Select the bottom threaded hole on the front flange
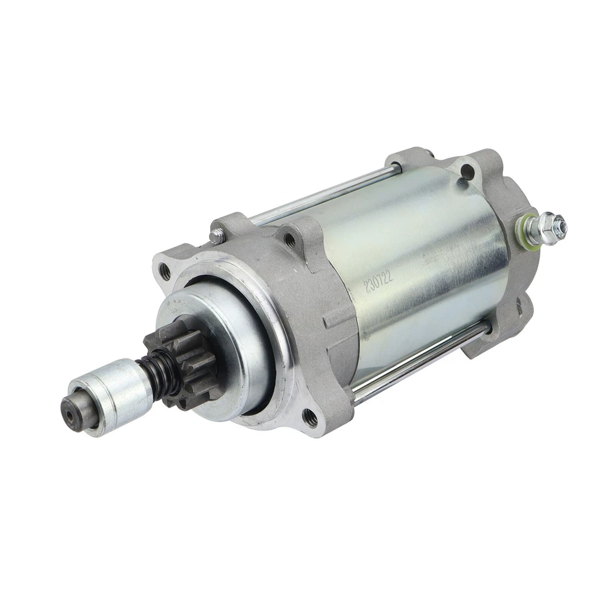point(309,416)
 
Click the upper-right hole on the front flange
point(290,239)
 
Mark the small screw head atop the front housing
point(217,236)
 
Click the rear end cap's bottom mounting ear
point(489,344)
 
